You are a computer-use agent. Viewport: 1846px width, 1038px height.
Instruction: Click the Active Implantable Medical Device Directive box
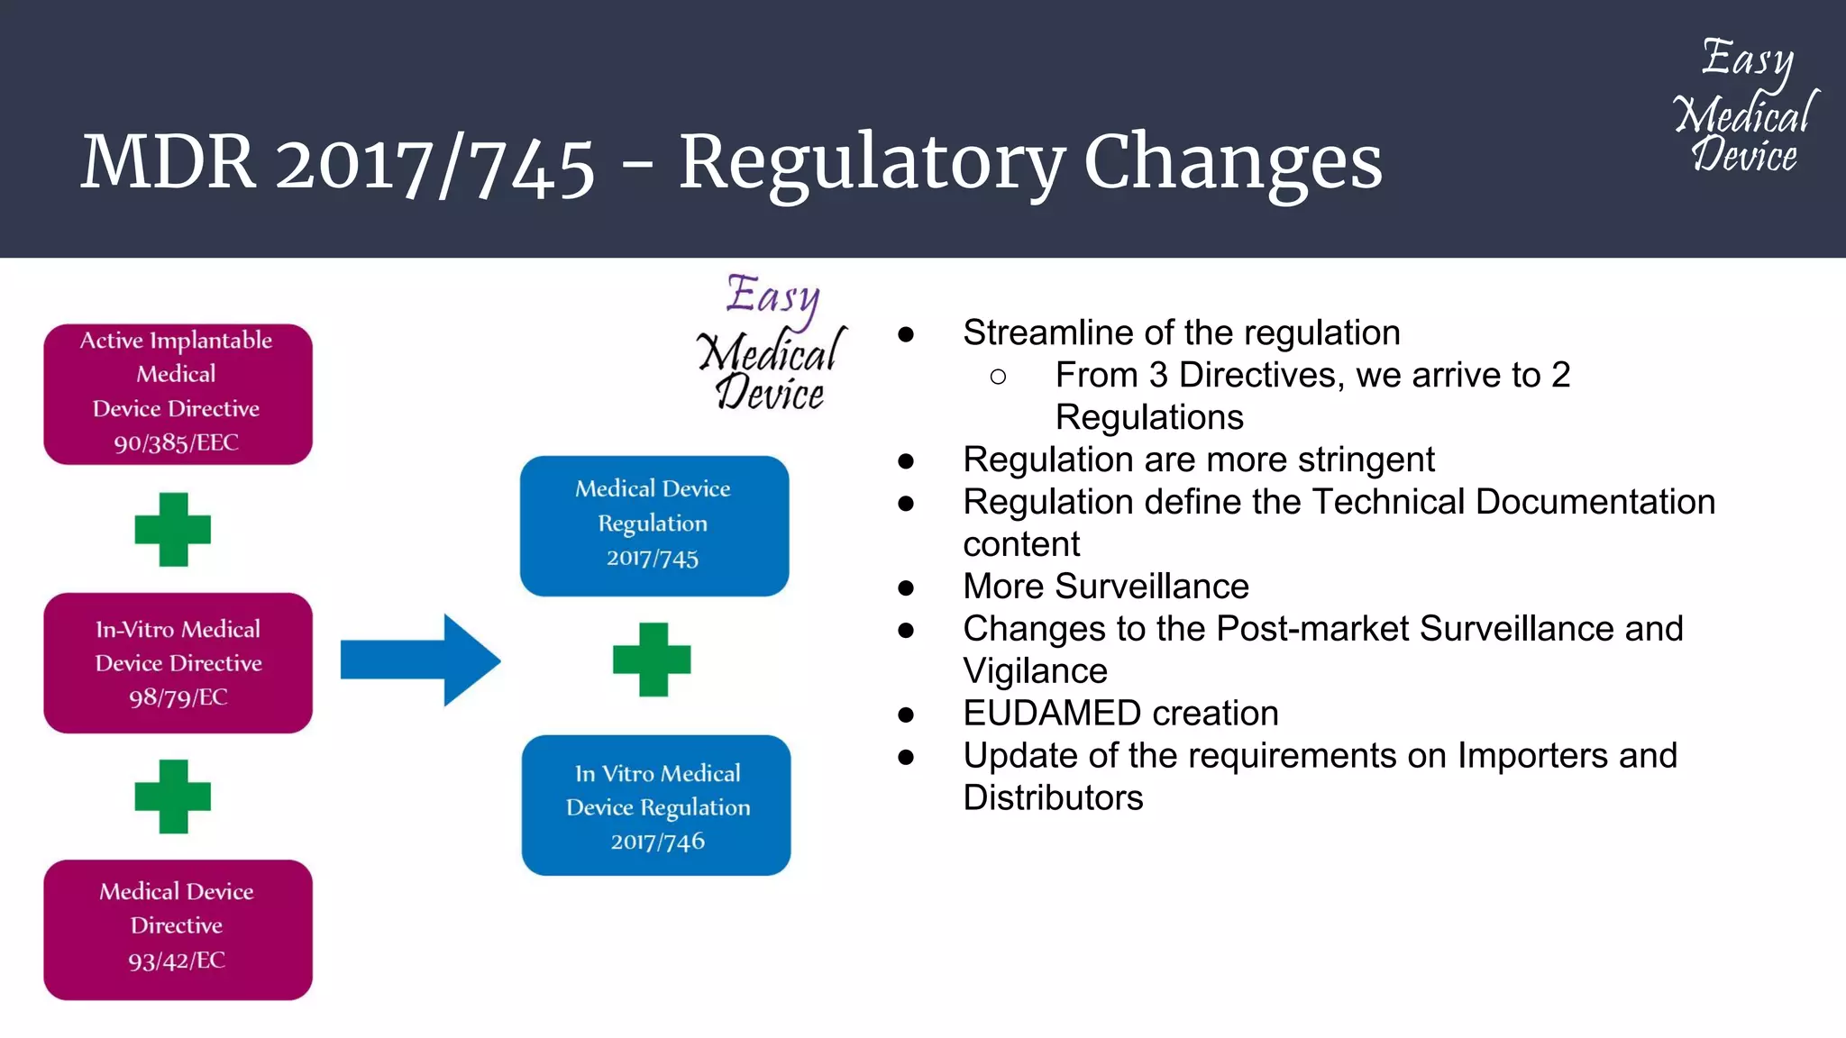tap(178, 394)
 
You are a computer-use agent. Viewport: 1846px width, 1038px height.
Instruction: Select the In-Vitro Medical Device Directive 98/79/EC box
tap(178, 662)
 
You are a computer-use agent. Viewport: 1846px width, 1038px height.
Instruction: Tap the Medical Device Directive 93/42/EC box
tap(178, 929)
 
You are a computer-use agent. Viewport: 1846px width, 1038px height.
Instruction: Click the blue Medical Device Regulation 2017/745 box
tap(653, 525)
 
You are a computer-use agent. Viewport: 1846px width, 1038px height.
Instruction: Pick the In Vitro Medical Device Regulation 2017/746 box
tap(656, 805)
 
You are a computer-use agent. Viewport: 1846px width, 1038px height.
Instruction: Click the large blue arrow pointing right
tap(420, 660)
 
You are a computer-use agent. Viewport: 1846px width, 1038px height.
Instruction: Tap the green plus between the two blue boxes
tap(652, 660)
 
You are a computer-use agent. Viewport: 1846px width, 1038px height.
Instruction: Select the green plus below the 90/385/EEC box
tap(172, 530)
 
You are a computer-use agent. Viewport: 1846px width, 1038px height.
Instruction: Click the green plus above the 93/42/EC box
tap(172, 797)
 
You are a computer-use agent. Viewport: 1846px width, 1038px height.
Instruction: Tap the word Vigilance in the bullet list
tap(1035, 671)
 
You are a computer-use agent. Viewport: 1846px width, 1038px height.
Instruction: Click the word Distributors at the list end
tap(1053, 798)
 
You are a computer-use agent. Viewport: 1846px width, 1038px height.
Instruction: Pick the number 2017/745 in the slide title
tap(434, 164)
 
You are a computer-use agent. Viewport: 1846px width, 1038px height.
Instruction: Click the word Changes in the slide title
tap(1232, 162)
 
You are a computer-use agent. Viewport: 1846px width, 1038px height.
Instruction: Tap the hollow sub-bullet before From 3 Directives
tap(998, 377)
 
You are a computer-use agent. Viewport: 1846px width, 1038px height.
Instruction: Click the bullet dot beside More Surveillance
tap(906, 588)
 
